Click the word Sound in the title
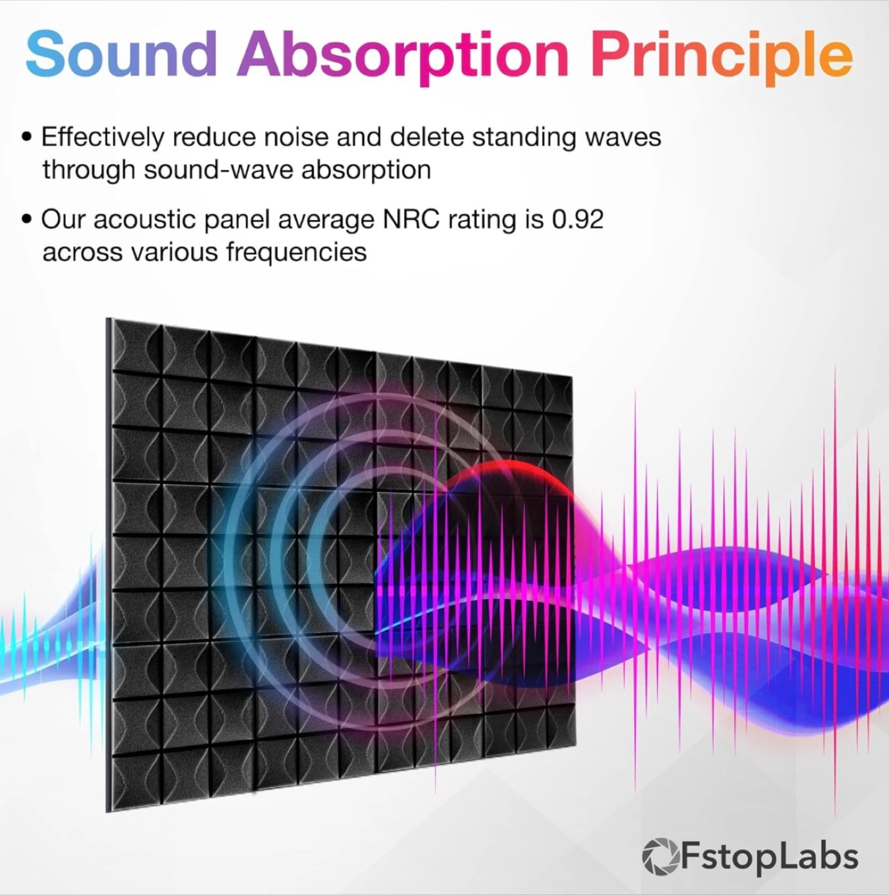[x=121, y=54]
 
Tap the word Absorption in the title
[x=402, y=58]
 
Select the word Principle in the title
[x=722, y=58]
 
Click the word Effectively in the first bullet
[x=103, y=138]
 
